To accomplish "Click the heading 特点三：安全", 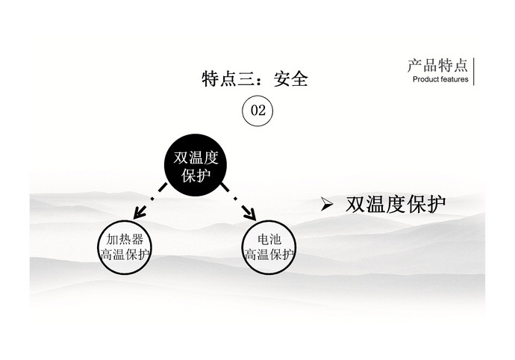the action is point(255,79).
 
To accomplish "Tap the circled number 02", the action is point(257,111).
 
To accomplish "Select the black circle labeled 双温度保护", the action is point(196,165).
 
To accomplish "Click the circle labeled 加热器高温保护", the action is point(125,247).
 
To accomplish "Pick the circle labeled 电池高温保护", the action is point(269,247).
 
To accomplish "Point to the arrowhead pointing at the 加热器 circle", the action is point(140,211).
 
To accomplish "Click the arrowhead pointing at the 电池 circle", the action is point(250,214).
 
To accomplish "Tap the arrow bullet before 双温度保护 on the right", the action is point(327,204).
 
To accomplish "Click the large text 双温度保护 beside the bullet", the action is point(396,204).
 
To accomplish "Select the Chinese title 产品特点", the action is point(437,66).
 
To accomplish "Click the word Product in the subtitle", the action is point(425,79).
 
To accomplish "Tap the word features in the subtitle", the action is point(454,79).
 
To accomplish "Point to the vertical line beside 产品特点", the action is point(474,72).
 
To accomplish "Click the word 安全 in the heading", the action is point(290,79).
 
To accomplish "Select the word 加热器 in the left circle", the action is point(125,239).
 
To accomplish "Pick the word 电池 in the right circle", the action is point(269,239).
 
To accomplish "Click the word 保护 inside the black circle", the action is point(196,176).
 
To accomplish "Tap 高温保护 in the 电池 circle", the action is point(269,255).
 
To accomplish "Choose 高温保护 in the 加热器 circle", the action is point(125,255).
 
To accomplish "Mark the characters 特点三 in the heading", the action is point(228,79).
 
